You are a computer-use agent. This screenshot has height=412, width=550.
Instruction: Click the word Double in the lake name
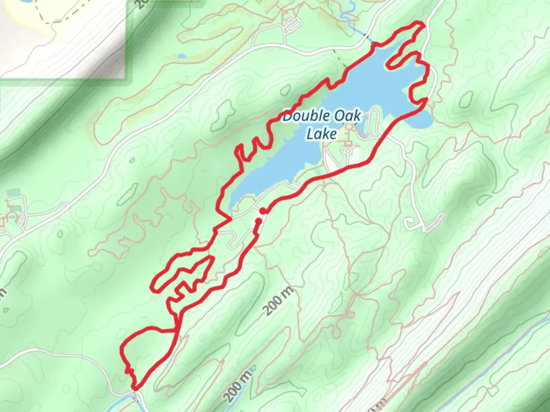[301, 116]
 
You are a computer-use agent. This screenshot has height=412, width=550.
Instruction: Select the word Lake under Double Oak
[322, 134]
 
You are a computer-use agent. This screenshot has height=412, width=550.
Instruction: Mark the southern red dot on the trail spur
[258, 220]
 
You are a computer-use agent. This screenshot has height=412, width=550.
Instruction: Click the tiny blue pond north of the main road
[182, 56]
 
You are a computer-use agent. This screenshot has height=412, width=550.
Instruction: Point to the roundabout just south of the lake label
[348, 150]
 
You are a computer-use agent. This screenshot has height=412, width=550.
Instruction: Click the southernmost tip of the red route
[135, 389]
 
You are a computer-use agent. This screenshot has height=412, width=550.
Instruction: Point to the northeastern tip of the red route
[422, 25]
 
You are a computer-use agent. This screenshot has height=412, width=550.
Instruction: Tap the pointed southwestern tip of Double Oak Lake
[229, 208]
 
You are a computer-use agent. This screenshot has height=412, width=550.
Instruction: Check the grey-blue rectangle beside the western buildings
[12, 192]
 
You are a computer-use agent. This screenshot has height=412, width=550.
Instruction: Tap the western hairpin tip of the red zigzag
[153, 286]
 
